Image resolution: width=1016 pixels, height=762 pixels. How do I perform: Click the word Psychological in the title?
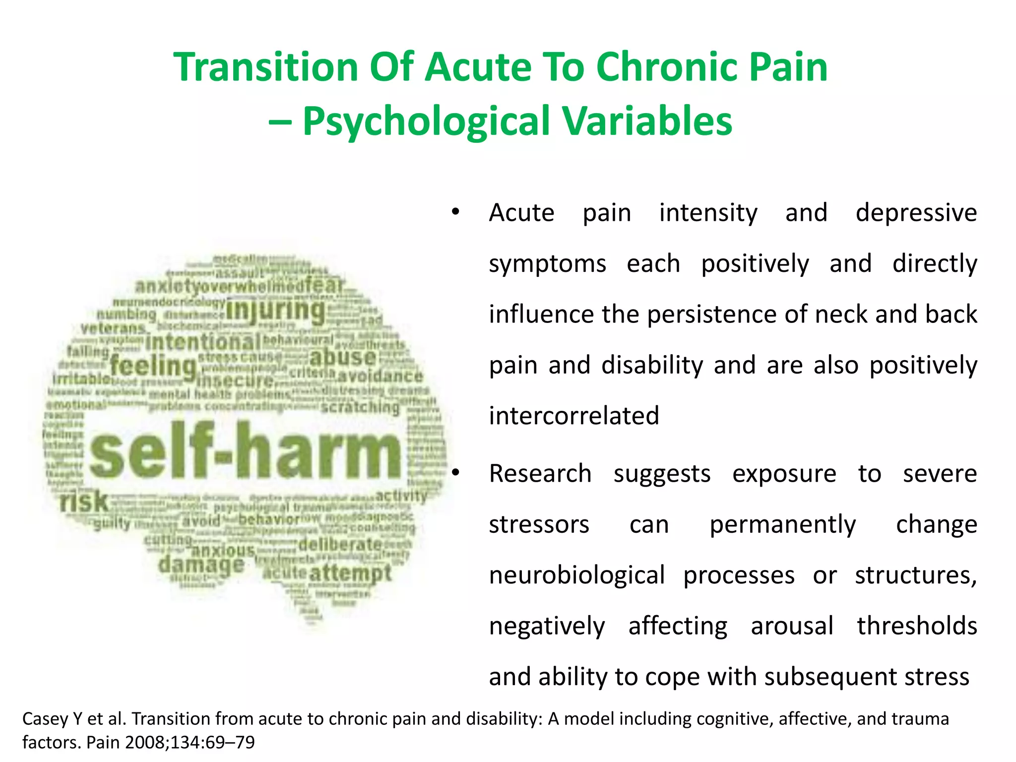tap(425, 121)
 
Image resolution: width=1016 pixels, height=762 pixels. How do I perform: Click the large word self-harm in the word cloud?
tap(245, 450)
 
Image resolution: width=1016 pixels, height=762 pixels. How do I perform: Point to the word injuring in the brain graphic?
tap(276, 311)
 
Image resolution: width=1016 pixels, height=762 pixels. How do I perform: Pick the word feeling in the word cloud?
tap(153, 367)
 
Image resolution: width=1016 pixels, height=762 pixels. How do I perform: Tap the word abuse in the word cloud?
tap(343, 357)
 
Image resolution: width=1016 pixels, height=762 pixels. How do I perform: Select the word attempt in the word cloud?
tap(351, 573)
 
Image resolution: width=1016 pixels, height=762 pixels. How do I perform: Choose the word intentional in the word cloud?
tap(203, 342)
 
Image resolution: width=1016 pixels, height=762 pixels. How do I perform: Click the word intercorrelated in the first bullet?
tap(574, 416)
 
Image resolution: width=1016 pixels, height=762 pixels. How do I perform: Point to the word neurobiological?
tap(576, 575)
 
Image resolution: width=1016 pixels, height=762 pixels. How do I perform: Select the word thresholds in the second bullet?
tap(917, 626)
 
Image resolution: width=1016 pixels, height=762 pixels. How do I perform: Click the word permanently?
tap(782, 525)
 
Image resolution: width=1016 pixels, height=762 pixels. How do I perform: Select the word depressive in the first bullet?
tap(916, 213)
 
